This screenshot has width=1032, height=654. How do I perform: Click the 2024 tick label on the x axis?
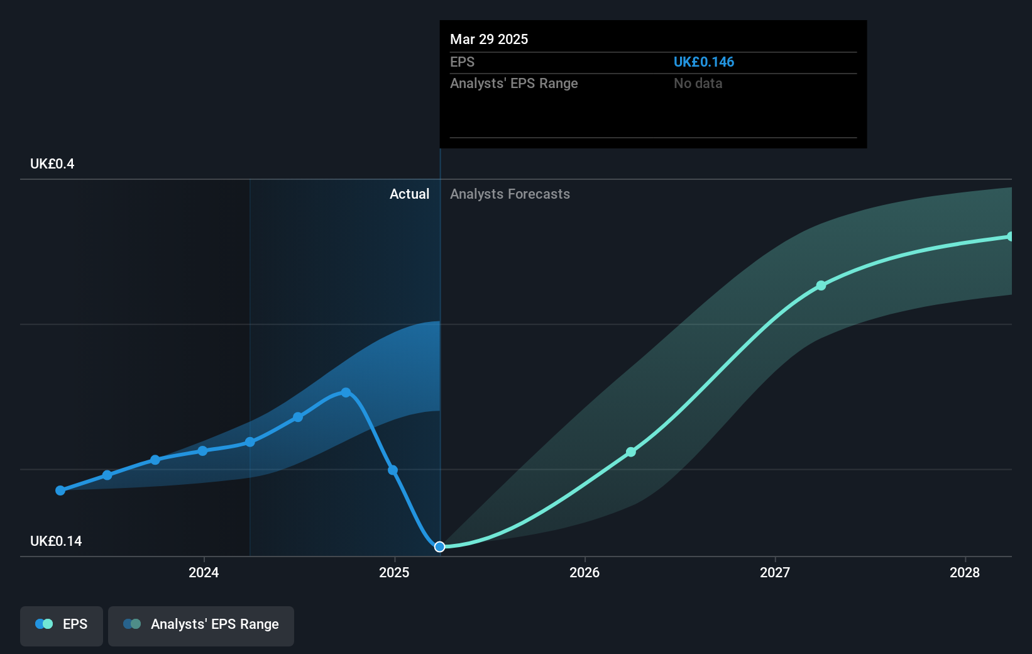click(204, 572)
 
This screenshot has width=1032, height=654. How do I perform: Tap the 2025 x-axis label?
click(394, 572)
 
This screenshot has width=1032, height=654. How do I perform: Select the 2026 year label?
click(585, 572)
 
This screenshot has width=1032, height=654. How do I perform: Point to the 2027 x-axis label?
click(775, 572)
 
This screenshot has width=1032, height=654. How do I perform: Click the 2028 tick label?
click(965, 572)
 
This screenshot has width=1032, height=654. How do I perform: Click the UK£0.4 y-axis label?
click(52, 164)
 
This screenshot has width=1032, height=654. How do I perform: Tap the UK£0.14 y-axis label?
click(56, 541)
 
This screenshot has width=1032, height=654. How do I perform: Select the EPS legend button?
click(62, 624)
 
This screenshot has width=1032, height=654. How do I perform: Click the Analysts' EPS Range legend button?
click(201, 624)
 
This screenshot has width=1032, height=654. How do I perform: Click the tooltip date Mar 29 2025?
click(489, 39)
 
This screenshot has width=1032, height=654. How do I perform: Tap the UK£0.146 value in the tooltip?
click(703, 62)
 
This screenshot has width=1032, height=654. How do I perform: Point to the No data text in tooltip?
click(698, 84)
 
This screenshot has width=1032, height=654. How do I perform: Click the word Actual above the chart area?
click(409, 194)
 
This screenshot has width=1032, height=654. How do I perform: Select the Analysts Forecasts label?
click(510, 194)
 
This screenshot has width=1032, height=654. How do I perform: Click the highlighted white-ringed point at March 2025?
click(440, 547)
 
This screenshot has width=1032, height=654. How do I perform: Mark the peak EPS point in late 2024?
click(346, 392)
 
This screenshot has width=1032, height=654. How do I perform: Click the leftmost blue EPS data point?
click(60, 490)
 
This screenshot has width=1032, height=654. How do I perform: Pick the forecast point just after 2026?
click(631, 452)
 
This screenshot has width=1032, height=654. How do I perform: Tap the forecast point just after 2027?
click(821, 285)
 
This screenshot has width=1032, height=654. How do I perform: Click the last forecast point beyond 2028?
click(1010, 236)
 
